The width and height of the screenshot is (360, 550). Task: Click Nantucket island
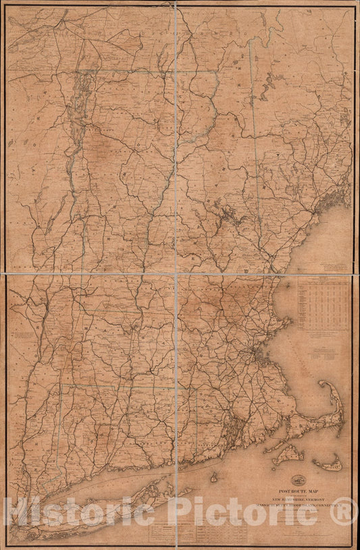coord(329,464)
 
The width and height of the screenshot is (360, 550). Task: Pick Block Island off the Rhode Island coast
coord(213,477)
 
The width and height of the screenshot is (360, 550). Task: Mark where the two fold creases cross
coord(176,274)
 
